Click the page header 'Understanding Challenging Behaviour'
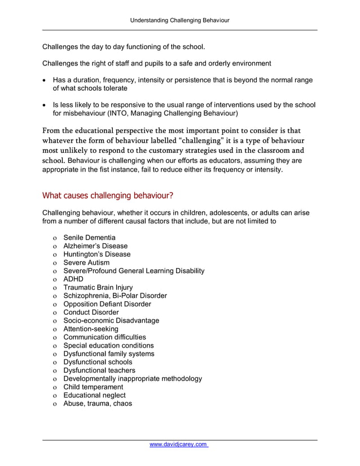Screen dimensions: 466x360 point(180,20)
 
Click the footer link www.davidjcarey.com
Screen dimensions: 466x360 point(179,445)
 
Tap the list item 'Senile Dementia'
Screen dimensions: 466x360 point(89,238)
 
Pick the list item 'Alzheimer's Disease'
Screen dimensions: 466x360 point(95,246)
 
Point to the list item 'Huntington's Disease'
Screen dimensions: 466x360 point(96,254)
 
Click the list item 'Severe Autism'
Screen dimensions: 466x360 point(86,262)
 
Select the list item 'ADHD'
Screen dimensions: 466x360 point(73,279)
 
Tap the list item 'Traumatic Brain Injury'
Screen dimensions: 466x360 point(98,287)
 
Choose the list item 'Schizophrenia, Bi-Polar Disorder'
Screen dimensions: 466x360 point(115,296)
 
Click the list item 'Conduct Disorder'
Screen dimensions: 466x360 point(91,312)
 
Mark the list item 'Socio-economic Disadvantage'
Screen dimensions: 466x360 point(111,320)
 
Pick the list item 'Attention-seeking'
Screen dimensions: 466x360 point(91,329)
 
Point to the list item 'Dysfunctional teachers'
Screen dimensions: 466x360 point(99,370)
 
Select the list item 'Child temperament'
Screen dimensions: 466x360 point(93,387)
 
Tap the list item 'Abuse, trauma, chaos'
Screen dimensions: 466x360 point(98,403)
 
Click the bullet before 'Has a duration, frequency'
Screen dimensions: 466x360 point(45,81)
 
